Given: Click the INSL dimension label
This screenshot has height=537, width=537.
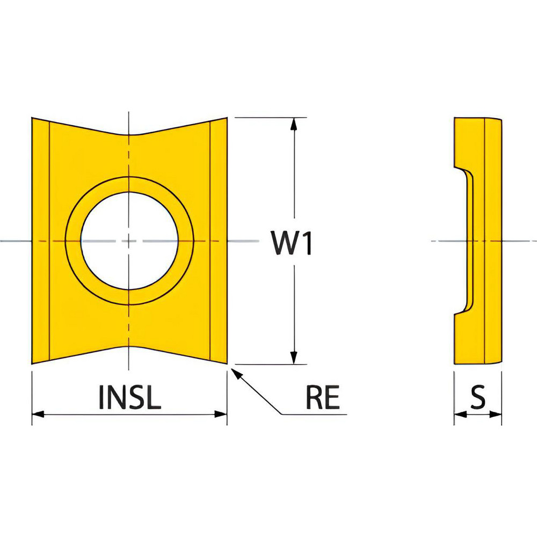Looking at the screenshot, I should point(129,397).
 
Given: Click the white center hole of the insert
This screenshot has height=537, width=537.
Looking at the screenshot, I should point(129,241).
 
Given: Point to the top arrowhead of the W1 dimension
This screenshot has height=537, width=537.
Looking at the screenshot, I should point(293,124).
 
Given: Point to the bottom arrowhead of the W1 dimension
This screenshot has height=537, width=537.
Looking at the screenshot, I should point(293,358).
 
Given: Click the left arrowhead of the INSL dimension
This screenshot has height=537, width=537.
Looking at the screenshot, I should point(38,414).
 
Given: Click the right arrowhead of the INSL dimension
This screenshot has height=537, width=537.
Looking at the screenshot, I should point(221,414).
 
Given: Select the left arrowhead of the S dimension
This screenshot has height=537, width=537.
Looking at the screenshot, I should point(459,414).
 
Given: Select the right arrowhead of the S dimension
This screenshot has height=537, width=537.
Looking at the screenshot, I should point(497,414).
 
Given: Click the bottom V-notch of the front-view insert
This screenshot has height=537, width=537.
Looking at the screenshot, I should point(129,347).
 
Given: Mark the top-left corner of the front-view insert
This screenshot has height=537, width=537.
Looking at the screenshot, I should point(33,118).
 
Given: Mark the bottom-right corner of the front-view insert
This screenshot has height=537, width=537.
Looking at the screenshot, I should point(227,364).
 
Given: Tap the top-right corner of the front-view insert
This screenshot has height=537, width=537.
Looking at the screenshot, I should point(227,118).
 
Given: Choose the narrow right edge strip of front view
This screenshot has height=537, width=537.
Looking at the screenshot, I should point(218,241).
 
